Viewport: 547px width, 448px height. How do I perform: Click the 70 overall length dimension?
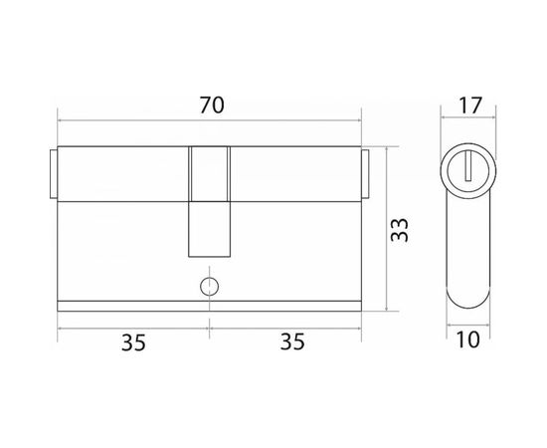pos(212,106)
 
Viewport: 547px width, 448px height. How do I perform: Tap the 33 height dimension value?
pos(400,230)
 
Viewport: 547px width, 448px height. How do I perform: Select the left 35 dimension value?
pos(133,342)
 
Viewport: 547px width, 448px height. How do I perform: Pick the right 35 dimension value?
pos(292,341)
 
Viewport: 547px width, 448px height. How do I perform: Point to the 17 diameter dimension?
pos(469,106)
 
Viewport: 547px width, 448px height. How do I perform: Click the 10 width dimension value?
pos(467,339)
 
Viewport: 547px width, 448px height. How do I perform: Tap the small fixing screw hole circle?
pos(209,287)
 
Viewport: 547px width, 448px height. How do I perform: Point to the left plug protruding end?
pos(54,174)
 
